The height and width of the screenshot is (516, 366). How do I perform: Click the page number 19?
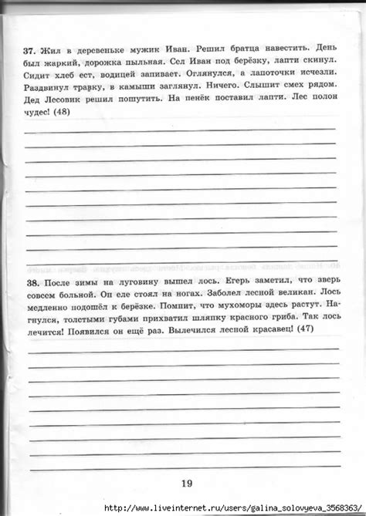click(186, 484)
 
